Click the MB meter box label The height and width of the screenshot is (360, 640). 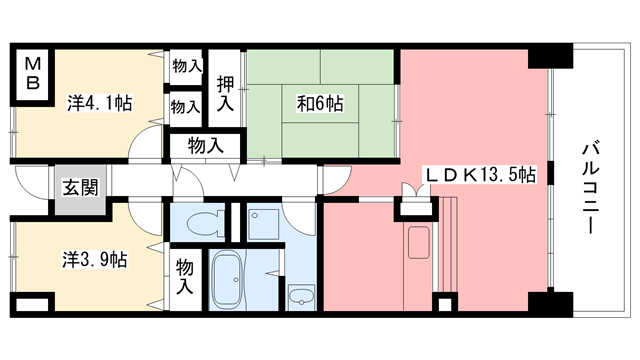(x=32, y=74)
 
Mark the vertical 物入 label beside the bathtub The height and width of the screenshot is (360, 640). (x=185, y=276)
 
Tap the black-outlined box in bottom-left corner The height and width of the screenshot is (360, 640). (x=30, y=303)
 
